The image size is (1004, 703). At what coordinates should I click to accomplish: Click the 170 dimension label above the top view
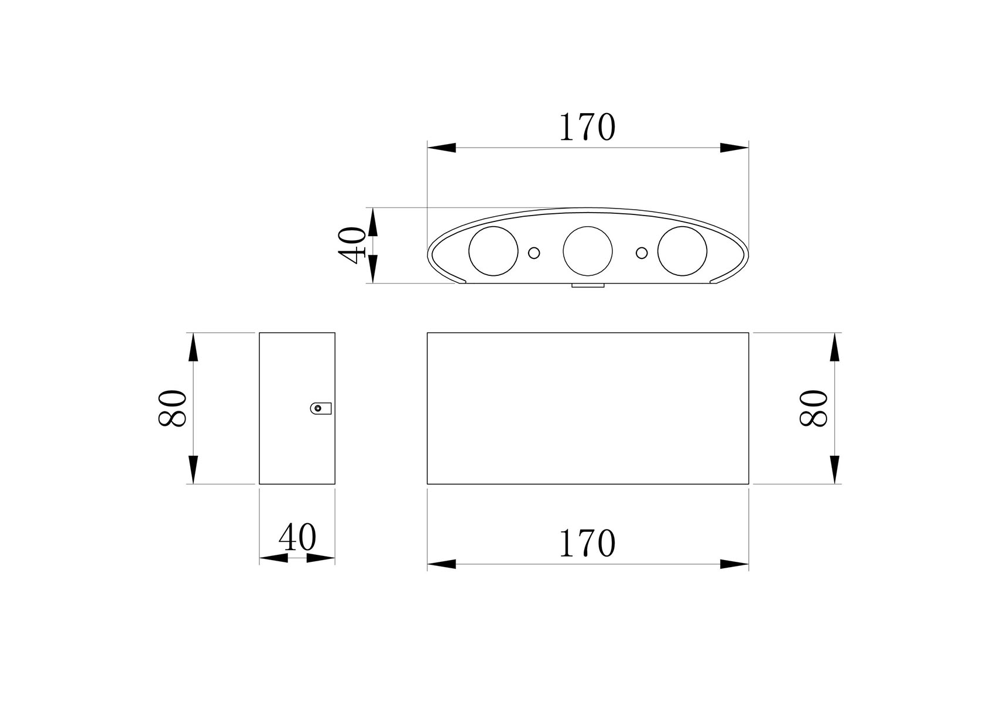pyautogui.click(x=587, y=127)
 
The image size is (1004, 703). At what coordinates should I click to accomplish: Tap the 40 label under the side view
pyautogui.click(x=297, y=537)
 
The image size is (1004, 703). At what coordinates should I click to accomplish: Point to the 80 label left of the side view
pyautogui.click(x=172, y=408)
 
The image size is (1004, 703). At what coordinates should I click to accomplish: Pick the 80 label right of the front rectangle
pyautogui.click(x=814, y=408)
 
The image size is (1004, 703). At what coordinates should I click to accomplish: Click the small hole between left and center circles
pyautogui.click(x=534, y=252)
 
